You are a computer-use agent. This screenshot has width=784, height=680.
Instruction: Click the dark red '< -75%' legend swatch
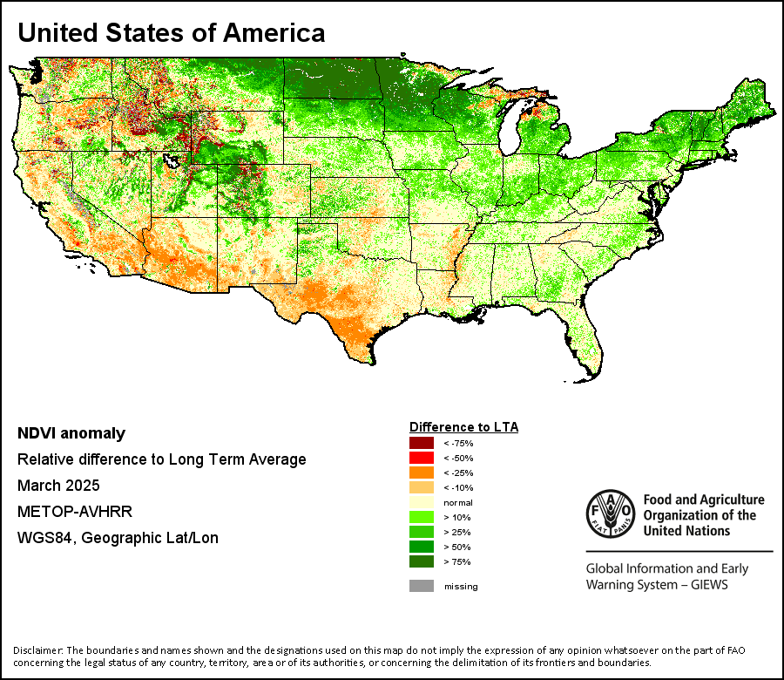click(422, 443)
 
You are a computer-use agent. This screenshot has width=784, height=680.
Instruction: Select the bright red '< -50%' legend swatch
click(422, 458)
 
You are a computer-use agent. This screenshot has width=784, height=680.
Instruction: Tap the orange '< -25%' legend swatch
click(422, 473)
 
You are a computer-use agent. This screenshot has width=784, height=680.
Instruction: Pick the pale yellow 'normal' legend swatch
click(422, 502)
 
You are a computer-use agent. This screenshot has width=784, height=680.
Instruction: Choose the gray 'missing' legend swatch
click(422, 586)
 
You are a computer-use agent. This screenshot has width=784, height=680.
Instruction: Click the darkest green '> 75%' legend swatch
click(422, 561)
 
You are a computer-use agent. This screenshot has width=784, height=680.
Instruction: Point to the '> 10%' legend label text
click(457, 517)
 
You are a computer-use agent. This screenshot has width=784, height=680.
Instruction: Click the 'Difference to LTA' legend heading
click(464, 427)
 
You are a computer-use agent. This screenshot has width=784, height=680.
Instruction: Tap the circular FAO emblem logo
click(611, 513)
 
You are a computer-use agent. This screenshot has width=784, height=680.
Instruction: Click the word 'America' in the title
click(274, 33)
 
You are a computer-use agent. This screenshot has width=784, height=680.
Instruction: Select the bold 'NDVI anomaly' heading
click(71, 433)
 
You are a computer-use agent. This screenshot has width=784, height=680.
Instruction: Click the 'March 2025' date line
click(58, 486)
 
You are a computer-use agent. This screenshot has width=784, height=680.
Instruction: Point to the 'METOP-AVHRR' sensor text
click(75, 512)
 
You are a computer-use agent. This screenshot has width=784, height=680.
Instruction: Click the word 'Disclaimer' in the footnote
click(37, 650)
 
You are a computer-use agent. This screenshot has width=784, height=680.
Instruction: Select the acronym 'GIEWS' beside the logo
click(709, 585)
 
